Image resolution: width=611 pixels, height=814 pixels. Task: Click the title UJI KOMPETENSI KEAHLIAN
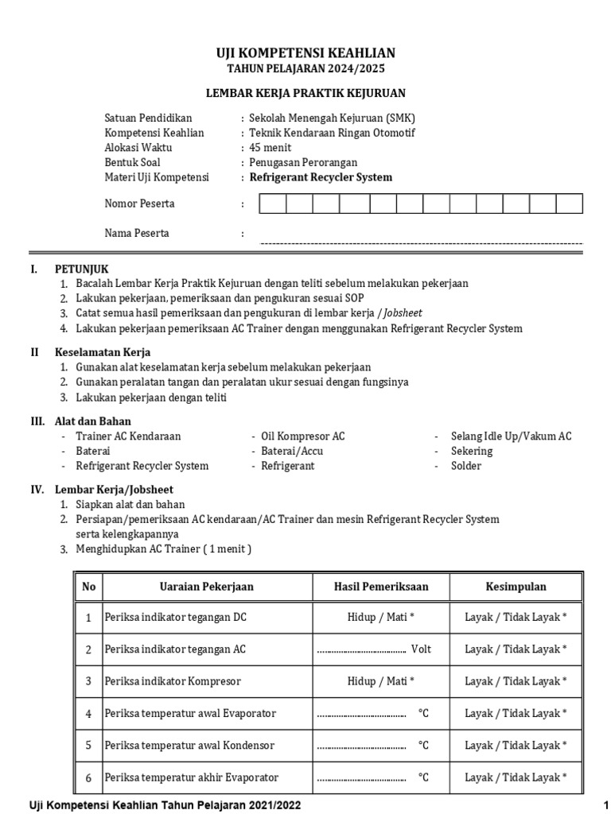coord(305,53)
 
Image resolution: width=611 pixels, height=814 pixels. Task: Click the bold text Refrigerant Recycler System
coord(321,177)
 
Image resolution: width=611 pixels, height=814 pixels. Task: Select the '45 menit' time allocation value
coord(270,148)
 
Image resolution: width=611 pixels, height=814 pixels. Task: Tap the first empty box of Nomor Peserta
coord(272,204)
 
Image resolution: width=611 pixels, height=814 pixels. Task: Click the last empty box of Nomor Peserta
coord(569,204)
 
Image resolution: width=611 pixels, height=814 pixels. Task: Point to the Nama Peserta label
coord(137,234)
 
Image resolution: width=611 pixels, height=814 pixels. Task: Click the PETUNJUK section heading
coord(81,269)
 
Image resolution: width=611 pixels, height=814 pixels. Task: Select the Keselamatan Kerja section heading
coord(102,352)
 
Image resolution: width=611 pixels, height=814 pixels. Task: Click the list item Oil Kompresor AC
coord(302,436)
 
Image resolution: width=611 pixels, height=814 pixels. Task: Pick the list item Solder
coord(465,466)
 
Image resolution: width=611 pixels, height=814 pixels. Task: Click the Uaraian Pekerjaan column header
coord(207,587)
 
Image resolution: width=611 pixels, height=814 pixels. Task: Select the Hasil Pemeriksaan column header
coord(381,587)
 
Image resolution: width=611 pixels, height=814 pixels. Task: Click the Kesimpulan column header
coord(516,587)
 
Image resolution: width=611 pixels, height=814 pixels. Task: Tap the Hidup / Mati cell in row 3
coord(381,681)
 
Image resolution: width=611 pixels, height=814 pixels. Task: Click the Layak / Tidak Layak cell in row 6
coord(516,777)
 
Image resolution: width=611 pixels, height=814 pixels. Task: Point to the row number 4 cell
coord(88,713)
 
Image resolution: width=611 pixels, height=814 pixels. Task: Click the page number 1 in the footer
coord(605,804)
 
